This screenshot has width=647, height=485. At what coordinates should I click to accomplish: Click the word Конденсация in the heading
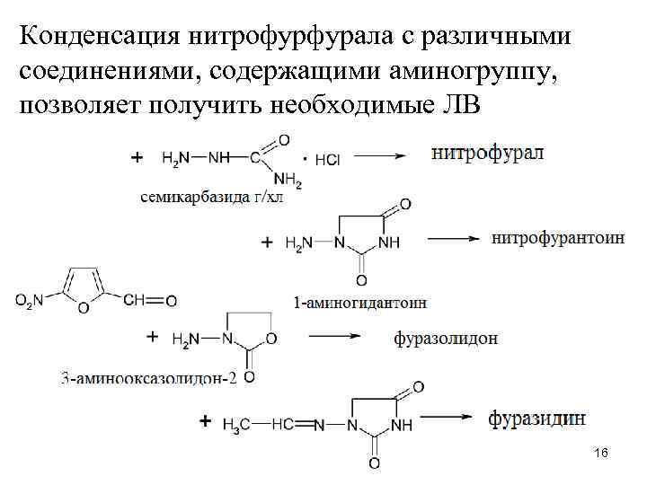pos(99,37)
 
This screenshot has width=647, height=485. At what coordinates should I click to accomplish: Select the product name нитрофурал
pos(488,153)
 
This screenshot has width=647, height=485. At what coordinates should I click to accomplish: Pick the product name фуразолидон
pos(446,339)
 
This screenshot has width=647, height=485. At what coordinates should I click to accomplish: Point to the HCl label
pos(326,159)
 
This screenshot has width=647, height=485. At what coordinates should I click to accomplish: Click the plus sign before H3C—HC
pos(206,420)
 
